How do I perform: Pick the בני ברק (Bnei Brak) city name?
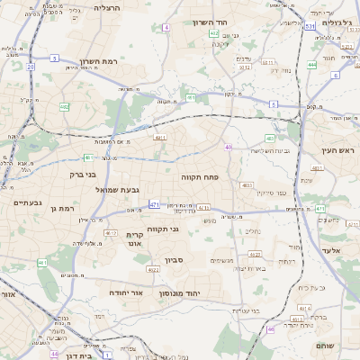point(62,174)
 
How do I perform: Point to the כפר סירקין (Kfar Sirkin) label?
point(271,193)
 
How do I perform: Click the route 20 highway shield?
point(30,67)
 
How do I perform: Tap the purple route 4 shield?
point(166,28)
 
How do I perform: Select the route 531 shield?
point(309,28)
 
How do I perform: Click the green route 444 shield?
point(311,65)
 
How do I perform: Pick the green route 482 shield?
point(65,106)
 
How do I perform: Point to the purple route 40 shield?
point(229,147)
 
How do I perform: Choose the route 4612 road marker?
point(111,233)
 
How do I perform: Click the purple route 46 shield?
point(270,329)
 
